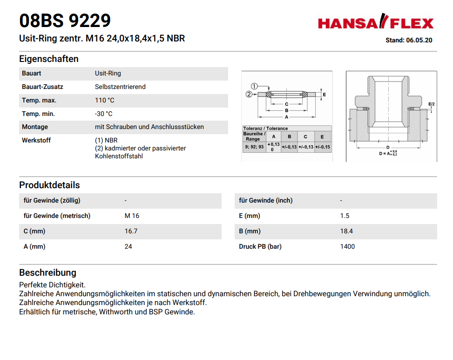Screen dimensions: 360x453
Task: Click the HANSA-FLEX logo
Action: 375,22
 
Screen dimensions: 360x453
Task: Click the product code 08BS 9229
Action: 65,20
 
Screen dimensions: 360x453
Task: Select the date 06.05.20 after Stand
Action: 419,40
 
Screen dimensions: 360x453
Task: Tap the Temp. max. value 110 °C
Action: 105,100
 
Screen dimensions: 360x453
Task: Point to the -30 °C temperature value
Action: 104,114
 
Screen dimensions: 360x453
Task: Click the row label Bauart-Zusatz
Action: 42,87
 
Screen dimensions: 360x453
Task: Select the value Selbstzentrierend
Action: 120,87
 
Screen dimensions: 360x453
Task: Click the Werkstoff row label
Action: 36,140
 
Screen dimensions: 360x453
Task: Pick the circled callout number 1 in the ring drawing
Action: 254,86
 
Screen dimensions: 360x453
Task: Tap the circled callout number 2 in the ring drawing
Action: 249,94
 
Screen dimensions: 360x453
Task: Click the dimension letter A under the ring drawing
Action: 286,117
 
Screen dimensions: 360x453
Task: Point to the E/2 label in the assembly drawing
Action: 431,104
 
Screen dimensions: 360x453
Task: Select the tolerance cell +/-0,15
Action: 322,147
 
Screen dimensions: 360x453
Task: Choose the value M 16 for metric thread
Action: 132,216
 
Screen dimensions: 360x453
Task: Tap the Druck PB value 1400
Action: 347,246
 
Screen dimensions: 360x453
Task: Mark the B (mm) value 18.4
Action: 346,231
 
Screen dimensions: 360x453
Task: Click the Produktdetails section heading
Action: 49,185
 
